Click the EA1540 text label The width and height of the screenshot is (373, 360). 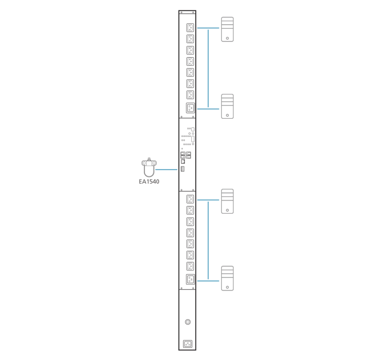(149, 182)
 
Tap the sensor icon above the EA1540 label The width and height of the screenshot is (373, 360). (149, 167)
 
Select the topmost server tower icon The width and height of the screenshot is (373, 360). (227, 29)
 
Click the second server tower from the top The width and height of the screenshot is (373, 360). (227, 106)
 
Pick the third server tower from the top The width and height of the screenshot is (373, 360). (227, 201)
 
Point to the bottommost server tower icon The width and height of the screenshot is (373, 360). (227, 278)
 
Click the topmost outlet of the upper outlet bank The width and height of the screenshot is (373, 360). (190, 27)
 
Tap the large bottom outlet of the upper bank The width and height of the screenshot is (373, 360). (191, 108)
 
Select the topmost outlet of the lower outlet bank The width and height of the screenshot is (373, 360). (190, 199)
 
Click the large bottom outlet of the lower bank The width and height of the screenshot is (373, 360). (191, 279)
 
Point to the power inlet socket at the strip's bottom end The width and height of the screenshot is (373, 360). (188, 344)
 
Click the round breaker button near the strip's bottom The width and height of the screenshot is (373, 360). (188, 322)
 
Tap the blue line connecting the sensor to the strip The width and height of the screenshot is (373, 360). (166, 170)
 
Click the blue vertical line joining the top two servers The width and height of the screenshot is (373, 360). (208, 67)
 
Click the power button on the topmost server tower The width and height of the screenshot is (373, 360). (228, 38)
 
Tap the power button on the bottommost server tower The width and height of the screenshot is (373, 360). (228, 287)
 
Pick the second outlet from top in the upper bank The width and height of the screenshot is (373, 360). (190, 39)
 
